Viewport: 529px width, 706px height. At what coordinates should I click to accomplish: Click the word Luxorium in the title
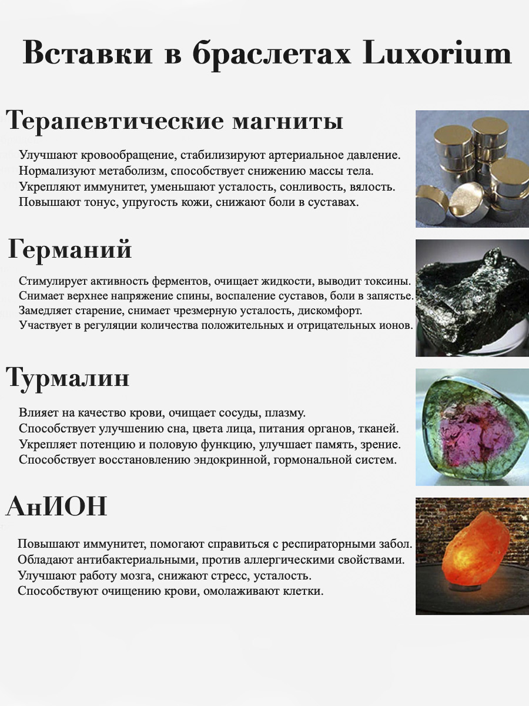click(x=437, y=53)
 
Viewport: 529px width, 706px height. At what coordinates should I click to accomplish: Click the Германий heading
click(x=70, y=250)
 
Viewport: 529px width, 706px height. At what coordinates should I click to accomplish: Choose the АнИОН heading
click(x=56, y=506)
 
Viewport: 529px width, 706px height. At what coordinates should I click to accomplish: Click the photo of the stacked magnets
click(x=472, y=169)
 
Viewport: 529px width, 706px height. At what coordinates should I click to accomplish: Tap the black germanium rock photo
click(x=472, y=298)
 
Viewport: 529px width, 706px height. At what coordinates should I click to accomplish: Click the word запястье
click(x=390, y=296)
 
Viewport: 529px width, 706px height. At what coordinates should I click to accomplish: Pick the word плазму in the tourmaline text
click(x=284, y=413)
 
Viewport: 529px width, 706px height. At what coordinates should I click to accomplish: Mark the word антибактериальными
click(x=139, y=560)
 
